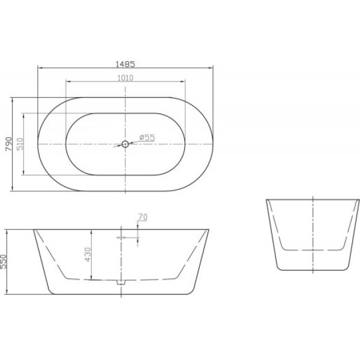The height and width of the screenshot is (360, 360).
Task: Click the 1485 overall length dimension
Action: [125, 62]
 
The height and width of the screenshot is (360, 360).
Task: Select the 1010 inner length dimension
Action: [125, 78]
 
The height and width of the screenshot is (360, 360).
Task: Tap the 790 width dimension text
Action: [8, 144]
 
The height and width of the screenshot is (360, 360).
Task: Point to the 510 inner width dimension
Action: [20, 144]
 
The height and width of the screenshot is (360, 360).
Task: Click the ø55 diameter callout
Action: [147, 137]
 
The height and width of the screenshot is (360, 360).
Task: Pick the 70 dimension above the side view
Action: [142, 217]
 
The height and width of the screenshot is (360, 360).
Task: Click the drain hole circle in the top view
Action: [125, 144]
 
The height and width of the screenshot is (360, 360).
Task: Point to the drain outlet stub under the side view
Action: [119, 282]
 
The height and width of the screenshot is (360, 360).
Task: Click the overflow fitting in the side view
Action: [121, 238]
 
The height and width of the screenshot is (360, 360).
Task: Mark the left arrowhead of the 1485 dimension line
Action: [40, 67]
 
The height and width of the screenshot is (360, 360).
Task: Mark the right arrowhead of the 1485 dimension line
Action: [212, 67]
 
